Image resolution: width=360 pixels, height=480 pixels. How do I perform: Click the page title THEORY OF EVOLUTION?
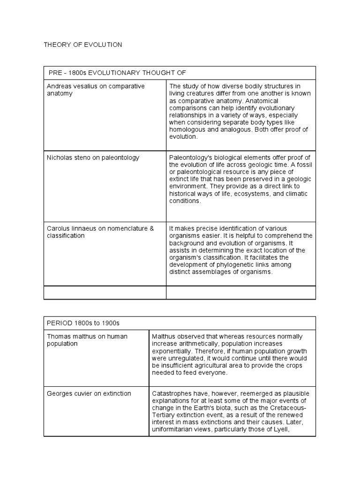coord(82,45)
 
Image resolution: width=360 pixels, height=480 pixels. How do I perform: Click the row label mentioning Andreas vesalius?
coord(96,90)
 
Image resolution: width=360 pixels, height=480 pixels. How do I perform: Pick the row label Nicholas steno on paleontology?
coord(93,157)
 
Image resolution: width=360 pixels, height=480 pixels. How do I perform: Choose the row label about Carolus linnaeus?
coord(100,232)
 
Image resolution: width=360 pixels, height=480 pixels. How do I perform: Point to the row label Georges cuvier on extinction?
coord(89,393)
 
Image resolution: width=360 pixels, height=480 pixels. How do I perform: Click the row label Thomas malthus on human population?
coord(87,340)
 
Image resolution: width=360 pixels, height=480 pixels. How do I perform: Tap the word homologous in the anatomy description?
coord(188,129)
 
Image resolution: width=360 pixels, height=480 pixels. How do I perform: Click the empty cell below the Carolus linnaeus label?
coord(105,292)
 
